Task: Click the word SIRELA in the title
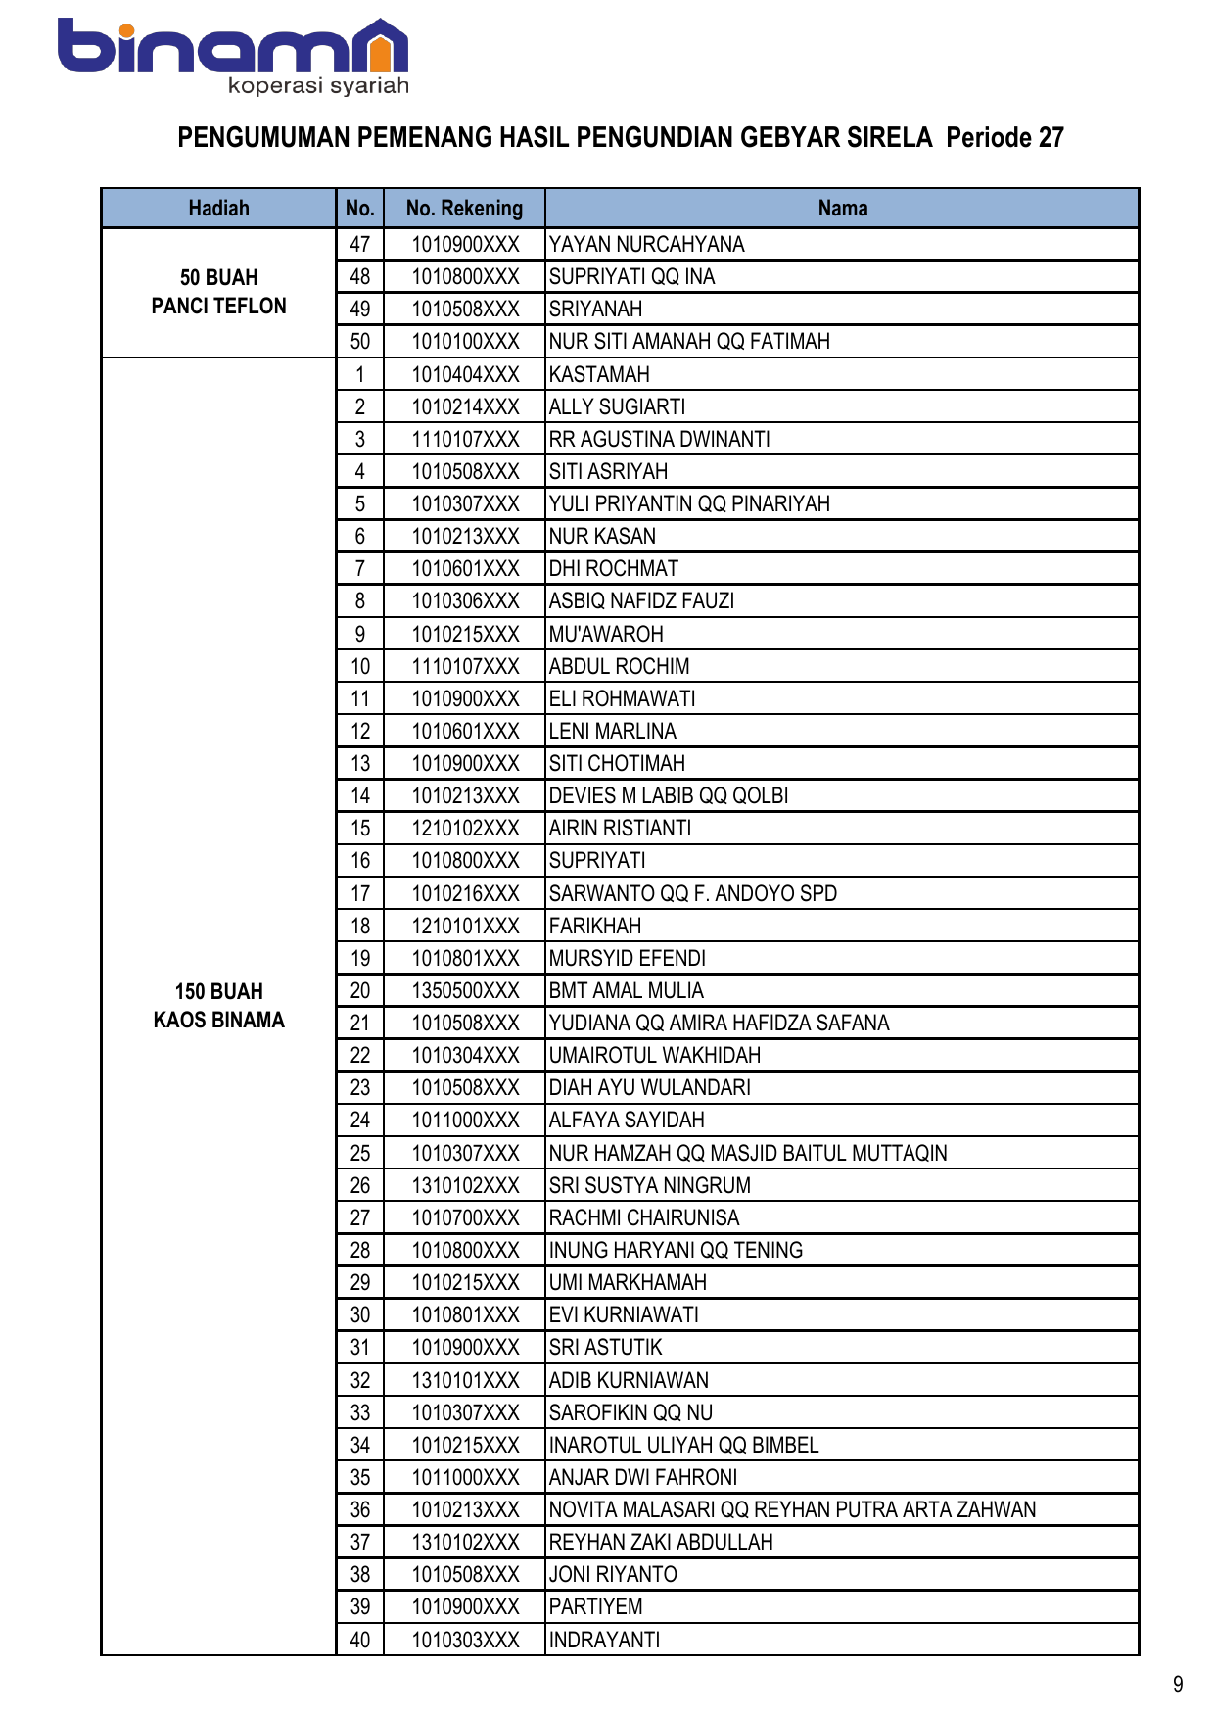point(890,137)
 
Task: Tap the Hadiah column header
point(218,208)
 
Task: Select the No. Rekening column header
point(464,208)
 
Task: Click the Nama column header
point(842,208)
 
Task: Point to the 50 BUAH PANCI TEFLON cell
point(218,292)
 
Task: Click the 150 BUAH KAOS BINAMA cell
point(218,1006)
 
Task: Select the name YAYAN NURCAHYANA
point(646,244)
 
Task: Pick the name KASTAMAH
point(599,374)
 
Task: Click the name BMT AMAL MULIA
point(627,990)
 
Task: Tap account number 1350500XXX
point(465,990)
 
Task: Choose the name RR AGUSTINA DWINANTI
point(660,439)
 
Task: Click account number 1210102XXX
point(465,828)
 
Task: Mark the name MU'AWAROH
point(606,634)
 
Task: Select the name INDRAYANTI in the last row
point(604,1640)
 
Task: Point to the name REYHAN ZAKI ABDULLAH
point(661,1542)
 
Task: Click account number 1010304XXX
point(465,1055)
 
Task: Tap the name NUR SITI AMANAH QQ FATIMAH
point(689,341)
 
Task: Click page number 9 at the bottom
point(1178,1684)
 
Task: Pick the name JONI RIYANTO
point(613,1574)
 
